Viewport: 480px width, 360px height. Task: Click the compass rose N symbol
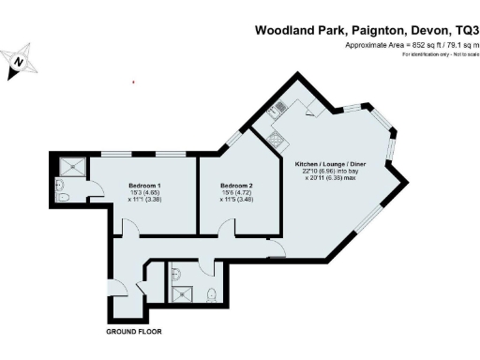point(19,63)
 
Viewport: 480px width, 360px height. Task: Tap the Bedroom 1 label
point(145,186)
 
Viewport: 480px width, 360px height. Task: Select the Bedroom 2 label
point(236,186)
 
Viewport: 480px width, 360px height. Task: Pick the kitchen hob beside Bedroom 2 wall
point(277,142)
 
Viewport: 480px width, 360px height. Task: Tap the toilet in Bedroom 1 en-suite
point(61,197)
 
